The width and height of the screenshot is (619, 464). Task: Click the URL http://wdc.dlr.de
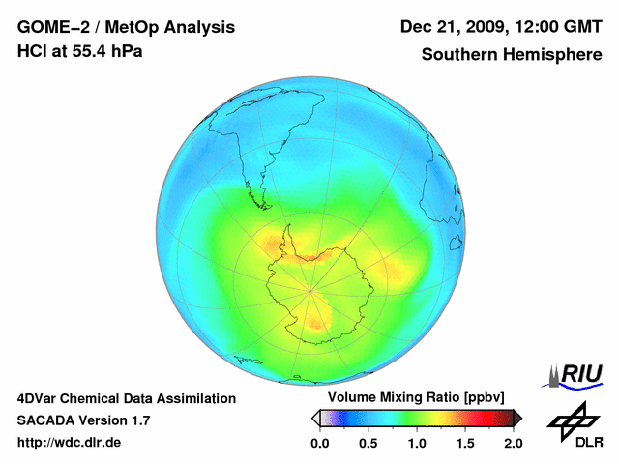pyautogui.click(x=70, y=443)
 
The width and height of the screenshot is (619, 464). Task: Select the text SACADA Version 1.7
pyautogui.click(x=83, y=420)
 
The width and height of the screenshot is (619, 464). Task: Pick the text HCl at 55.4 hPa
pyautogui.click(x=80, y=51)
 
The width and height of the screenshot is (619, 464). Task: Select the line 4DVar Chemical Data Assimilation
pyautogui.click(x=127, y=398)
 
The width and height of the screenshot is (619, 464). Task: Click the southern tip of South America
pyautogui.click(x=261, y=206)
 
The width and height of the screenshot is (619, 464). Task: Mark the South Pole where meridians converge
pyautogui.click(x=310, y=287)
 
